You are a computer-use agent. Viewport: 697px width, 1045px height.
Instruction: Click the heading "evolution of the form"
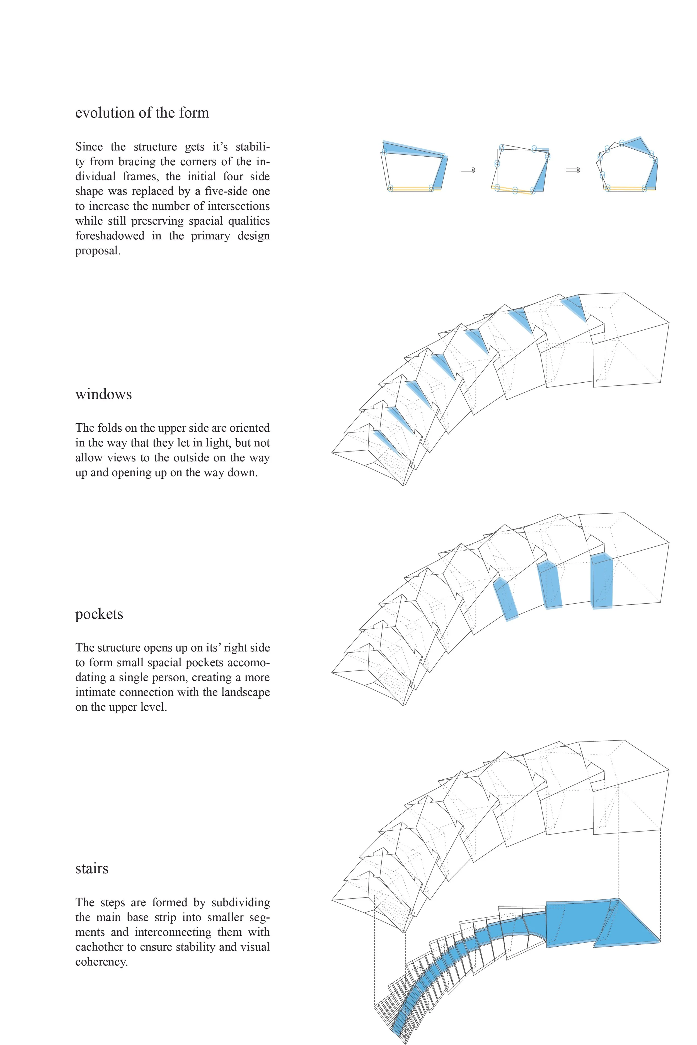coord(142,113)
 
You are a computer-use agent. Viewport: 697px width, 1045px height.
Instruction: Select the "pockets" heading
coord(99,614)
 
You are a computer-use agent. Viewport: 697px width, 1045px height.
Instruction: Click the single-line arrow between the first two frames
coord(468,170)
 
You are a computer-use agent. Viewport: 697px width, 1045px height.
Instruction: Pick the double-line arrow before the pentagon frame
coord(573,170)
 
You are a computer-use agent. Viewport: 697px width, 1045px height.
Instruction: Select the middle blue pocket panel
coord(550,585)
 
